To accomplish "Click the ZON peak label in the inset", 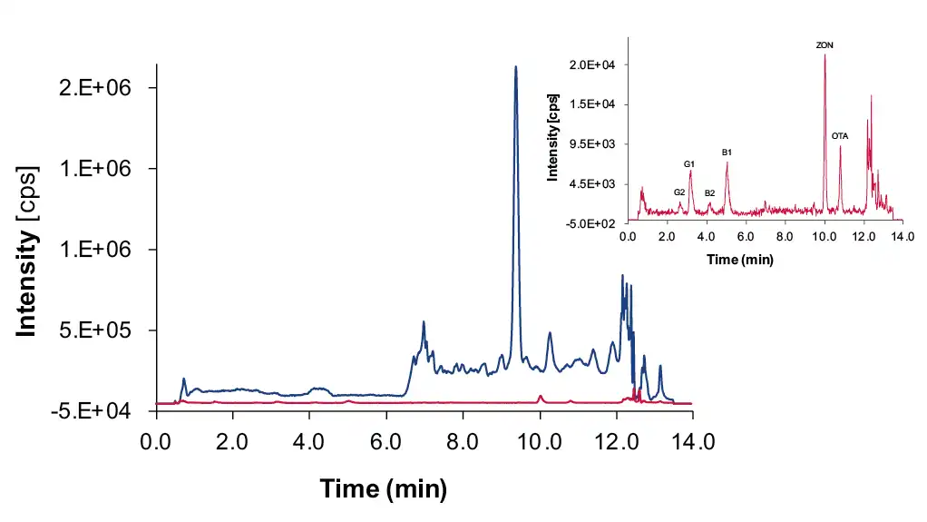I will point(825,44).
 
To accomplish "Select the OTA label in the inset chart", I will point(840,136).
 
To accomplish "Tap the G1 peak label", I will point(689,164).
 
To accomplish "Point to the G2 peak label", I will point(679,192).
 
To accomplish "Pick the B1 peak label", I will point(727,153).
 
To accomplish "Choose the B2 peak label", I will point(709,193).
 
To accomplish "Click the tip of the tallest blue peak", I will point(516,67).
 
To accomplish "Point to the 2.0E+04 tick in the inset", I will point(591,64).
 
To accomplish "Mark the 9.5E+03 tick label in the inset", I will point(591,143).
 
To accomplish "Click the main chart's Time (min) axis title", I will point(383,490).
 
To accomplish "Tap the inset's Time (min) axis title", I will point(739,260).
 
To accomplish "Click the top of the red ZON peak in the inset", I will point(825,54).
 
